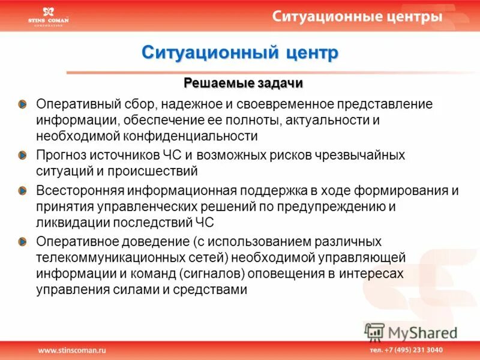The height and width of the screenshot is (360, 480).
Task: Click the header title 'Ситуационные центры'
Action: pyautogui.click(x=358, y=16)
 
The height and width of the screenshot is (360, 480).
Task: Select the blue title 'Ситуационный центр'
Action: pyautogui.click(x=240, y=53)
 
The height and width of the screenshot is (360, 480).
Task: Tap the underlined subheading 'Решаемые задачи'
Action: pyautogui.click(x=243, y=82)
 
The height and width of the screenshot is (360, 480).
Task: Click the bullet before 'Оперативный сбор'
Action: pyautogui.click(x=23, y=104)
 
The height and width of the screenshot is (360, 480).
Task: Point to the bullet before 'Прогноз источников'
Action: pyautogui.click(x=23, y=155)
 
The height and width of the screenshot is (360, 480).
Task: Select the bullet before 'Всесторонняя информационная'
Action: pyautogui.click(x=23, y=191)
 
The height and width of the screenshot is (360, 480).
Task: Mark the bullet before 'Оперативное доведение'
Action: pyautogui.click(x=23, y=242)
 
